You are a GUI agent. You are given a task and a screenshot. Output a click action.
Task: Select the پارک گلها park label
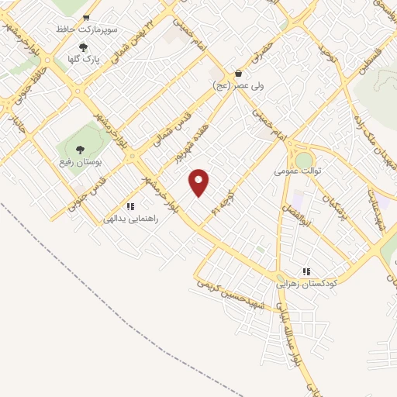click(x=84, y=58)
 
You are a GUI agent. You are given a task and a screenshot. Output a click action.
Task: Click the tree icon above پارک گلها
click(x=84, y=47)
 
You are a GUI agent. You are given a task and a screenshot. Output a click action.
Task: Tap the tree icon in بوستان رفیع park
click(x=79, y=150)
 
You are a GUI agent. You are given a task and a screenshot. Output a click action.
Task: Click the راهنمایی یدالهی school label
click(x=131, y=219)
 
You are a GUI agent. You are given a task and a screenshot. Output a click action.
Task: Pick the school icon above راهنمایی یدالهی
click(x=131, y=206)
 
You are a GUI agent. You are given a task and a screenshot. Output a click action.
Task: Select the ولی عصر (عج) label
click(x=242, y=86)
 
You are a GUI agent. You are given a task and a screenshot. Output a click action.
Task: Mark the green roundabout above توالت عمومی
click(x=304, y=158)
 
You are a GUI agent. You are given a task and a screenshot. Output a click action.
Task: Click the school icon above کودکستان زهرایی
click(x=306, y=271)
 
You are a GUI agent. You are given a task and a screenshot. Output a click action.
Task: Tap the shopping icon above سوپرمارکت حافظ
click(x=85, y=17)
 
